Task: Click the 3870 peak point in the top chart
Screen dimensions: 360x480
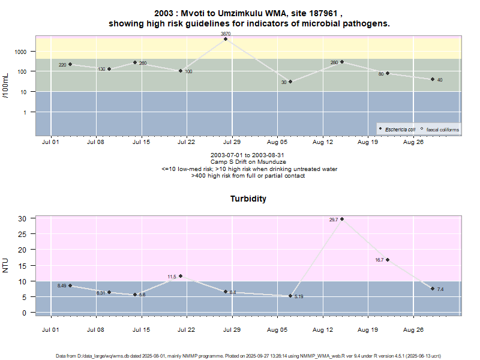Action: (226, 39)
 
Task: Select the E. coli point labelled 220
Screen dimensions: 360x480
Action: (70, 64)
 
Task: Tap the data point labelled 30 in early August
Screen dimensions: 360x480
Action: (290, 82)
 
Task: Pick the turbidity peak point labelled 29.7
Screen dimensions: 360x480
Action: (342, 219)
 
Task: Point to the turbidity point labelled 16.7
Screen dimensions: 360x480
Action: (388, 260)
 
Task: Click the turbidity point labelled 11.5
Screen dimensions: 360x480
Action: (180, 276)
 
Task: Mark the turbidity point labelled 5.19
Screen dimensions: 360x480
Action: (290, 296)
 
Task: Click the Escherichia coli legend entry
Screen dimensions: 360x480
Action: (400, 129)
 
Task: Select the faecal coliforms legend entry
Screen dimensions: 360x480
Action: (442, 129)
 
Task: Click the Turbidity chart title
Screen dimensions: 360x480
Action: (248, 199)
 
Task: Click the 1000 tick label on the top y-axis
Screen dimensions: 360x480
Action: (21, 52)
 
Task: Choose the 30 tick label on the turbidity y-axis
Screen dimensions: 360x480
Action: (22, 218)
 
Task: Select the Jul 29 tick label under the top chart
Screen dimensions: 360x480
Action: (232, 143)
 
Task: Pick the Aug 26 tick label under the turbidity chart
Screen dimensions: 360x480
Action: (413, 330)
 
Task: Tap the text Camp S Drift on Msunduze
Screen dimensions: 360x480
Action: (248, 162)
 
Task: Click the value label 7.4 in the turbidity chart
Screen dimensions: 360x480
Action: (440, 290)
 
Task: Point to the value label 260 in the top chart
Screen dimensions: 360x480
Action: (143, 63)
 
